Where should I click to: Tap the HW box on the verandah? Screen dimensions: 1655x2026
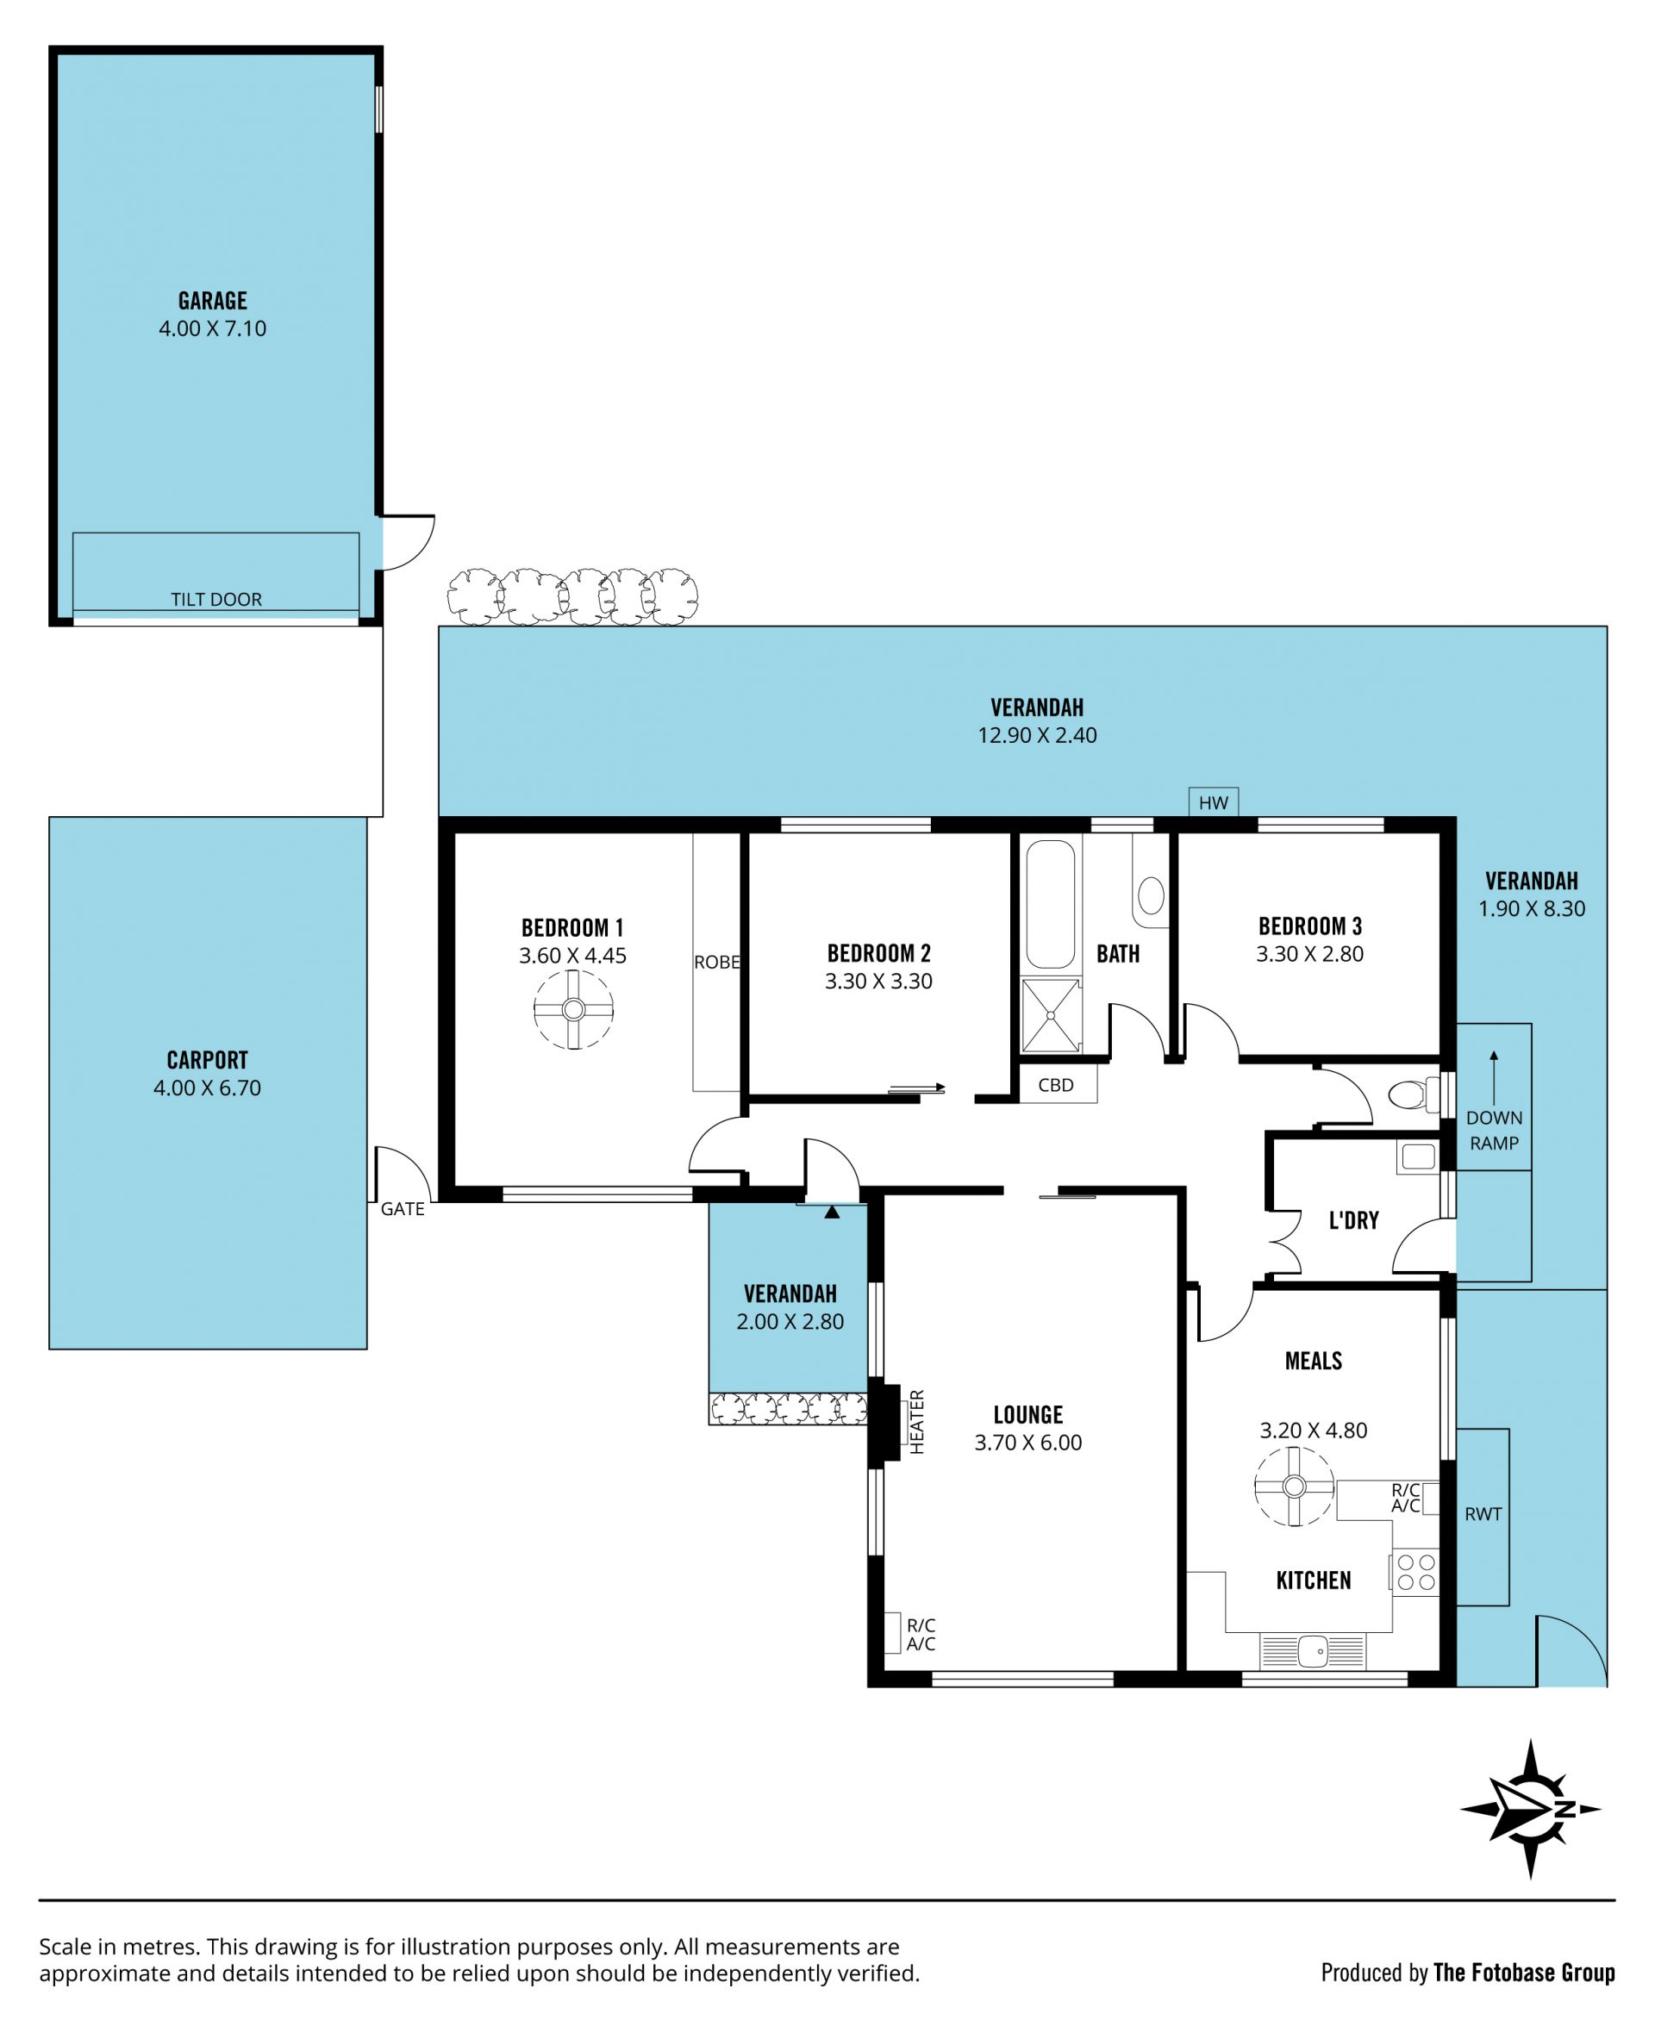tap(1214, 802)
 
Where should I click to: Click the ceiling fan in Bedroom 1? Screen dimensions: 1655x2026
tap(573, 1009)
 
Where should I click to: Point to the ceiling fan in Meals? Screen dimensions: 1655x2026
tap(1294, 1486)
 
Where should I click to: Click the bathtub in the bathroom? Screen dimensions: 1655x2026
tap(1051, 904)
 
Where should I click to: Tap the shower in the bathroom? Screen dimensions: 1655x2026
tap(1052, 1016)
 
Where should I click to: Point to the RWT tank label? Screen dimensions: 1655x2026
tap(1483, 1513)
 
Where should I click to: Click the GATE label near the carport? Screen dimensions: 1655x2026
tap(403, 1208)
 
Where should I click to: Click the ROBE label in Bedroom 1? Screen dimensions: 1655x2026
tap(717, 963)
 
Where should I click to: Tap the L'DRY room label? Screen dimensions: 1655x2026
tap(1354, 1219)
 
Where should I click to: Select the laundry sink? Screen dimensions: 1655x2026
tap(1419, 1156)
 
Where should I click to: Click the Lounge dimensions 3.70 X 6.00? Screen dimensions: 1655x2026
tap(1027, 1443)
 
